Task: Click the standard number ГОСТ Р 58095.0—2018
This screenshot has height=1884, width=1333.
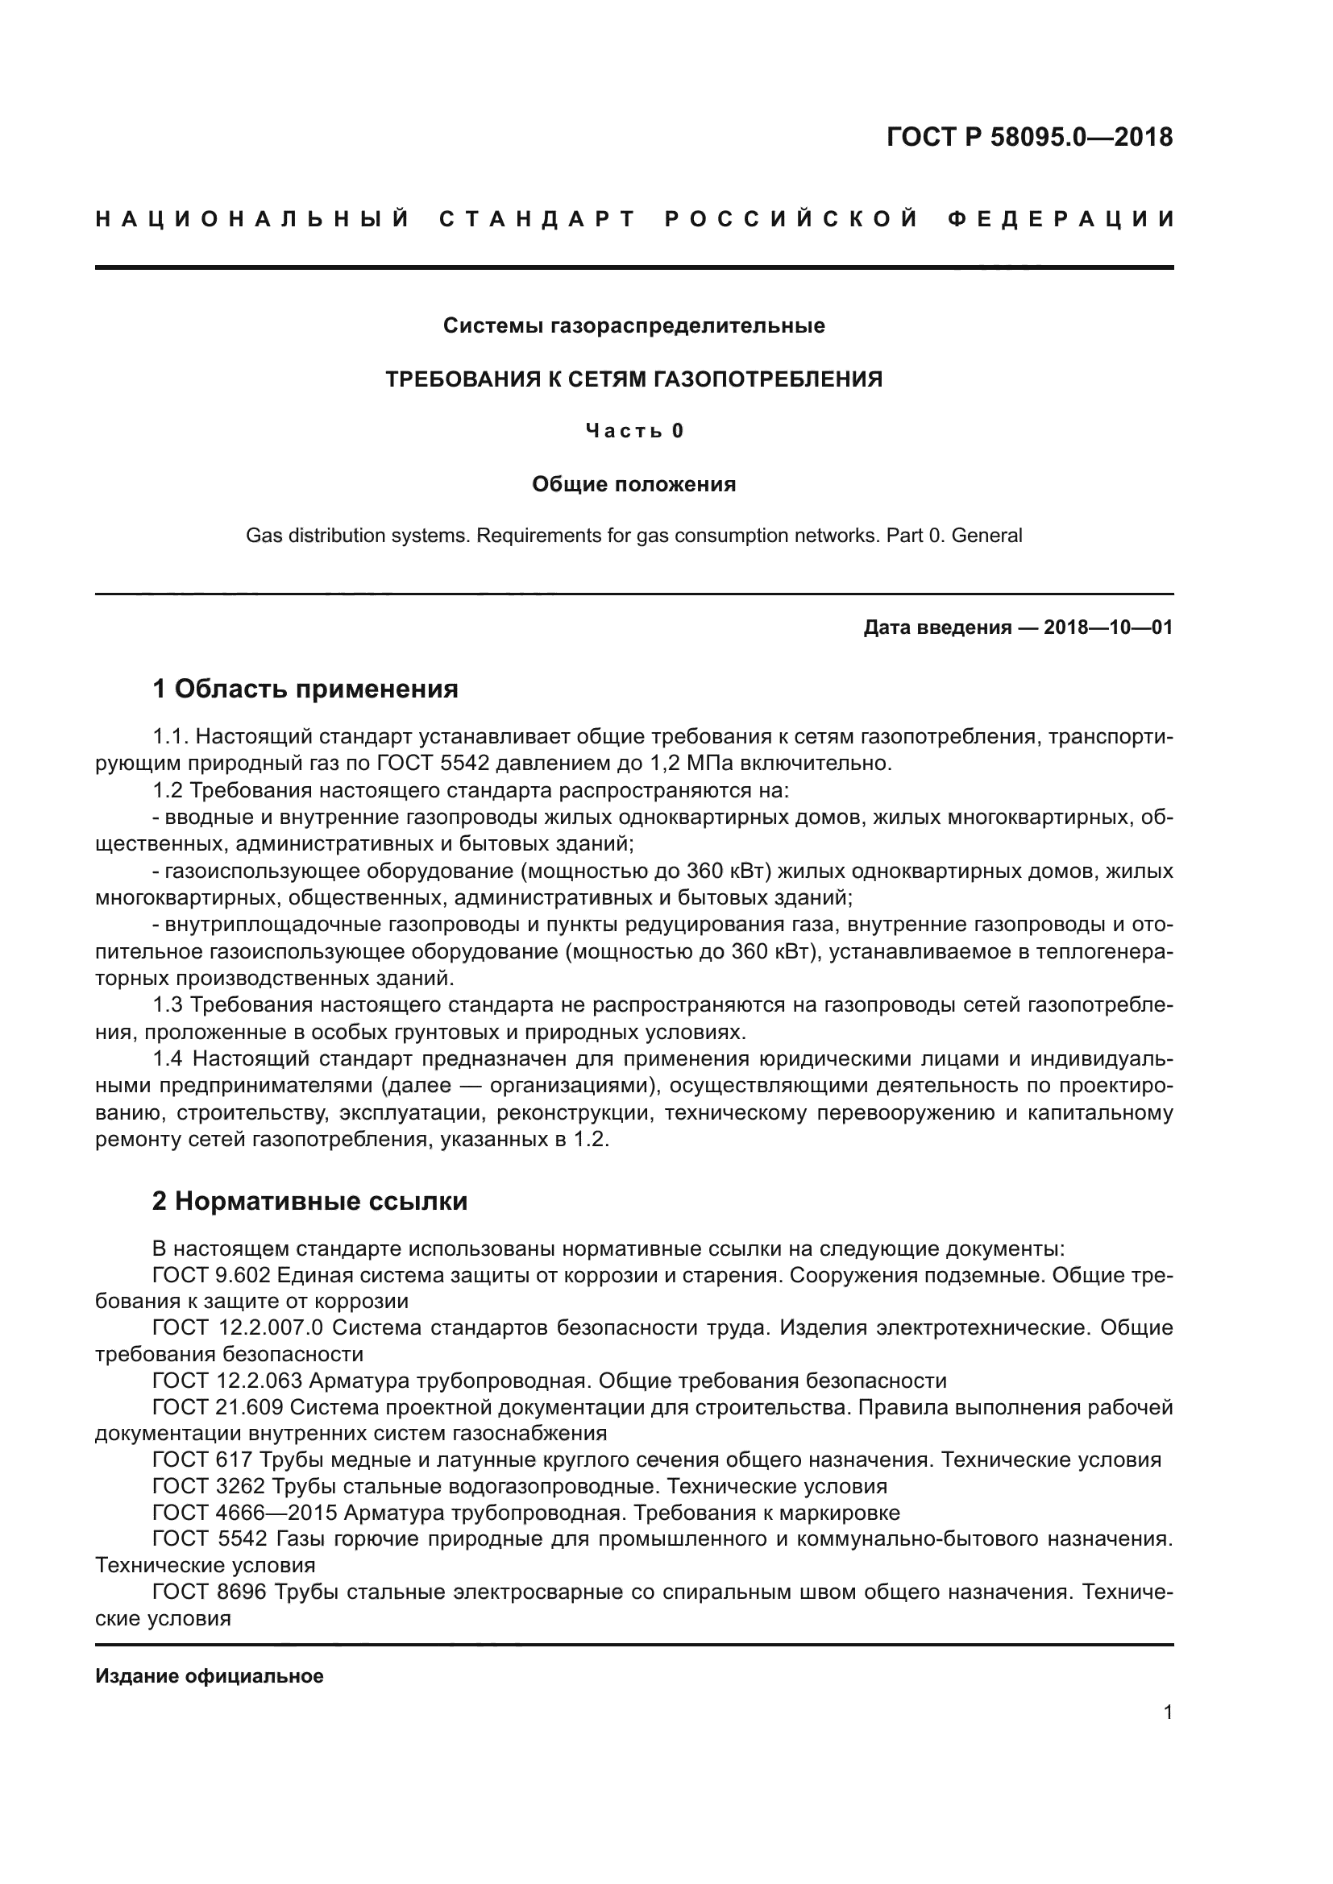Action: pyautogui.click(x=1029, y=137)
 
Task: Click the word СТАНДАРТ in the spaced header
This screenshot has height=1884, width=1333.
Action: pyautogui.click(x=538, y=219)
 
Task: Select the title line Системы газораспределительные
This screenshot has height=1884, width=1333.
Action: pyautogui.click(x=633, y=325)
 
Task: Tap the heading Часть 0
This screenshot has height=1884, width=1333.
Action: pyautogui.click(x=633, y=431)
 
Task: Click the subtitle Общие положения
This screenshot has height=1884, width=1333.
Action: pyautogui.click(x=633, y=484)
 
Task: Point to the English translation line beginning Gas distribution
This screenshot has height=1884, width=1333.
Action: pyautogui.click(x=633, y=536)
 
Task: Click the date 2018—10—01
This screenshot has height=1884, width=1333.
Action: pyautogui.click(x=1107, y=627)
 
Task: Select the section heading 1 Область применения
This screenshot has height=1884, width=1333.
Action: pyautogui.click(x=305, y=689)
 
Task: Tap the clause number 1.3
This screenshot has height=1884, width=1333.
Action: pyautogui.click(x=168, y=1005)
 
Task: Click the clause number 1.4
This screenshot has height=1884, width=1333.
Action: pyautogui.click(x=168, y=1059)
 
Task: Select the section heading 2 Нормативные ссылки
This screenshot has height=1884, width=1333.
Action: pyautogui.click(x=309, y=1201)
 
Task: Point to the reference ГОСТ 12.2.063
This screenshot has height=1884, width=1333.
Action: pyautogui.click(x=227, y=1381)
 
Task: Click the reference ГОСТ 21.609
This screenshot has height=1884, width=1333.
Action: pyautogui.click(x=218, y=1407)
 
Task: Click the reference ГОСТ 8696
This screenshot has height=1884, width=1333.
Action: pyautogui.click(x=209, y=1592)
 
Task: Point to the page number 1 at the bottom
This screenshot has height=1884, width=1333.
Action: pyautogui.click(x=1167, y=1712)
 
